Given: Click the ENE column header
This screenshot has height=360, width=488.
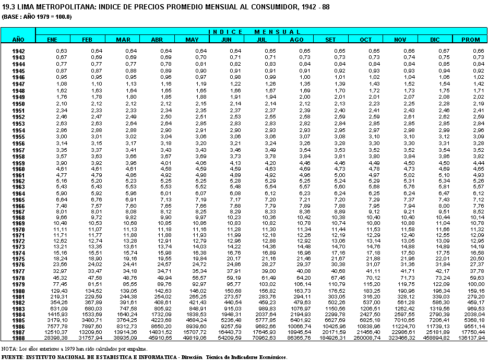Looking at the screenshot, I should [52, 39].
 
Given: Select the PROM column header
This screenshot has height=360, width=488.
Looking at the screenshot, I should [470, 39].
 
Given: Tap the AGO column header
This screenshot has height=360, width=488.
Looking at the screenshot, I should [296, 39].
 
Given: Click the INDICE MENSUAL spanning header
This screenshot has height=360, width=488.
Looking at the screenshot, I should [261, 32].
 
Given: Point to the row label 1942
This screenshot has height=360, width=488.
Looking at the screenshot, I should [19, 51].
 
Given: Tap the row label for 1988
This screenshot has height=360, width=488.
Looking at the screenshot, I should [19, 338].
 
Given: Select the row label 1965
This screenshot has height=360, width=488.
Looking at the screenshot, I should [19, 199].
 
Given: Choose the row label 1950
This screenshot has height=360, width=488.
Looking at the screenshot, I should [19, 104].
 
